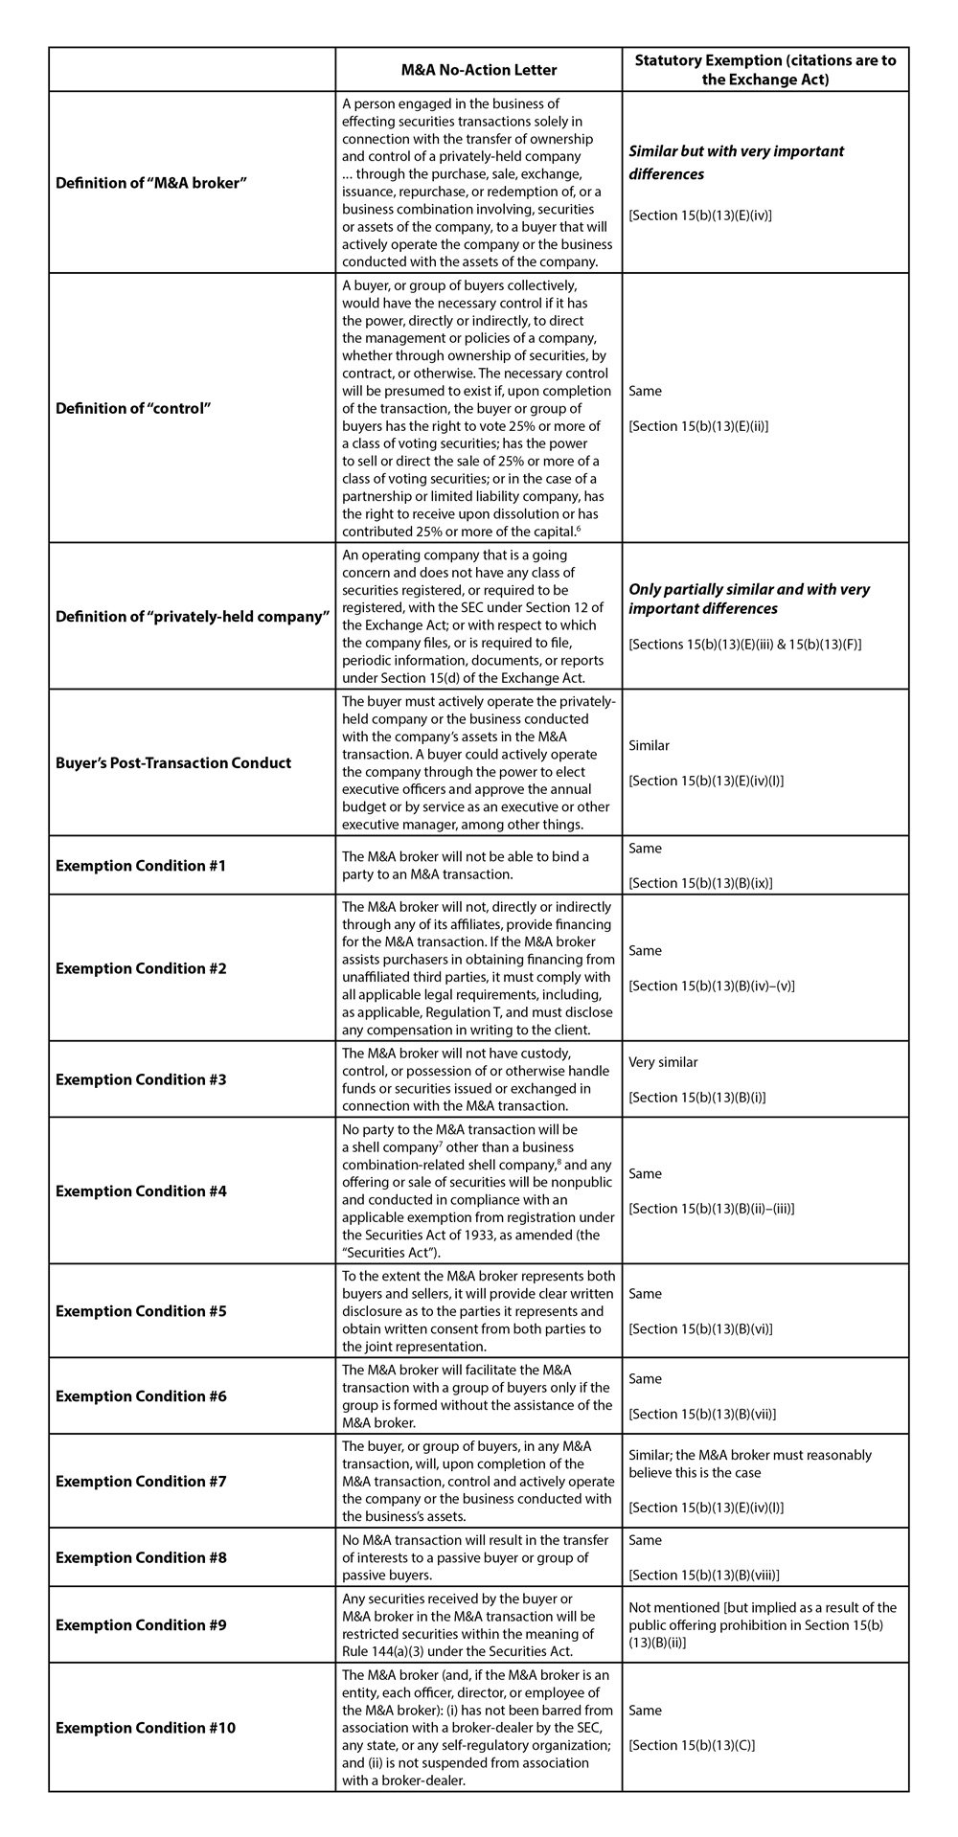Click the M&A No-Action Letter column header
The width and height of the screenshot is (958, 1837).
pyautogui.click(x=478, y=70)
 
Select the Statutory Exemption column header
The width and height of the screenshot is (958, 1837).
pyautogui.click(x=765, y=70)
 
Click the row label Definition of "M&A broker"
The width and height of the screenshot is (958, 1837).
pyautogui.click(x=152, y=182)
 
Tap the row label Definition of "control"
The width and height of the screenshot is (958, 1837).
pyautogui.click(x=133, y=408)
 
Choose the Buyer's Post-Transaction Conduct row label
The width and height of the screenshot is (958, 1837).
pyautogui.click(x=173, y=762)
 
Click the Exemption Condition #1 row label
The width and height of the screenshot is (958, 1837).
pyautogui.click(x=141, y=866)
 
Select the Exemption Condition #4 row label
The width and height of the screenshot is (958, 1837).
pyautogui.click(x=141, y=1191)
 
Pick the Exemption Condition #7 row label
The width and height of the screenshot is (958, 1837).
pyautogui.click(x=141, y=1481)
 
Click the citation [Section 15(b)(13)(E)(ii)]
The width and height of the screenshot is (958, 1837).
pyautogui.click(x=698, y=426)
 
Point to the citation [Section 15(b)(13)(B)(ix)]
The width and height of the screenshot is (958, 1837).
pyautogui.click(x=700, y=883)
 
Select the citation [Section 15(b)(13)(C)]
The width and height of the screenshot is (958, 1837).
pyautogui.click(x=692, y=1745)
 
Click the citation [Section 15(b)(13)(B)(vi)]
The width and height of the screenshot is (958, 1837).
pyautogui.click(x=700, y=1328)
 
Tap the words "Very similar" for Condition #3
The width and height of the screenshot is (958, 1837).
pyautogui.click(x=663, y=1062)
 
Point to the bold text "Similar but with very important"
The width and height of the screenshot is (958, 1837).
pyautogui.click(x=737, y=151)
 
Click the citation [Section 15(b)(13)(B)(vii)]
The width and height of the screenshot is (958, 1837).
pyautogui.click(x=702, y=1414)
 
